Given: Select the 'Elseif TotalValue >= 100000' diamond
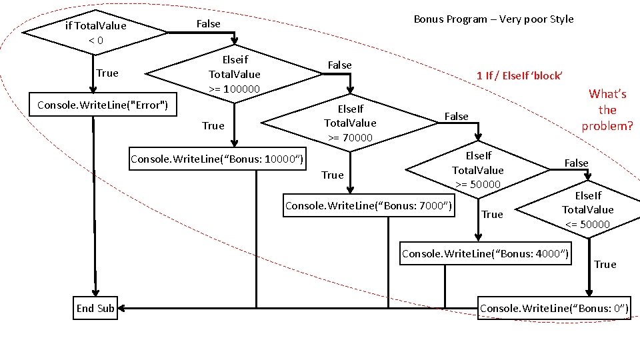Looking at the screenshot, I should (234, 74).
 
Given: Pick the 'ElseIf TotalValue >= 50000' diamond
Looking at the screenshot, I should (477, 170).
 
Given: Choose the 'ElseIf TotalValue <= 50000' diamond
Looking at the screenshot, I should (587, 209).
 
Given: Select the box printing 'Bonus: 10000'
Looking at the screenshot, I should (217, 159).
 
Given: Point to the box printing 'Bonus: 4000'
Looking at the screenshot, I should (485, 253).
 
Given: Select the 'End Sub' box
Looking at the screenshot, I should (95, 308).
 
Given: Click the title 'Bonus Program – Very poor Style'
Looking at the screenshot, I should (493, 19).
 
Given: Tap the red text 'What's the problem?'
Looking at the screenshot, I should (607, 110).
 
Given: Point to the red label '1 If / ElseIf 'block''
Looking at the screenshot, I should (519, 75).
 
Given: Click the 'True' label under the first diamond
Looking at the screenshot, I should (107, 73).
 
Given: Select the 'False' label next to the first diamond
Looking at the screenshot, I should (208, 24).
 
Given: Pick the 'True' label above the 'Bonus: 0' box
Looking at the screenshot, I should (605, 265).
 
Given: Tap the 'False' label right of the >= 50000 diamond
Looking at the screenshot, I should (576, 163).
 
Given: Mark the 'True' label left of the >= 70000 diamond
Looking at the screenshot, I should (213, 125).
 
